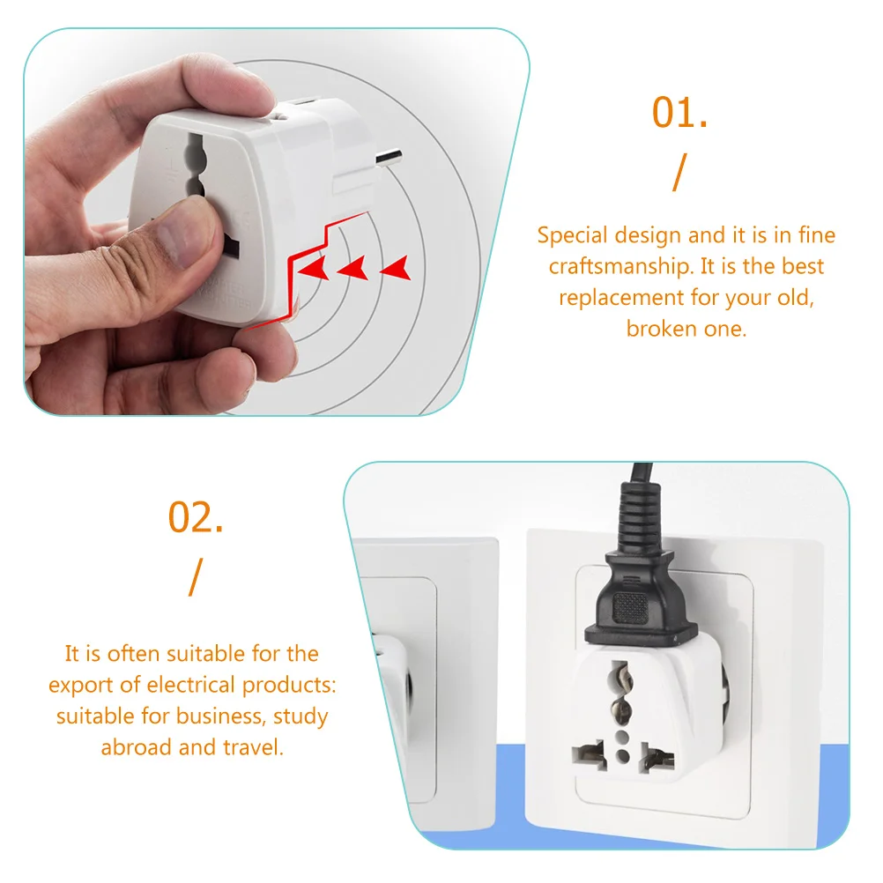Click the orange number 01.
tap(679, 113)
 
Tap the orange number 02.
tap(196, 517)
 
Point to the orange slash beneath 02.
tap(195, 577)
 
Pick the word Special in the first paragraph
tap(573, 235)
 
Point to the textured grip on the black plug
tap(630, 606)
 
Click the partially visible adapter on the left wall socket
tap(395, 679)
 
